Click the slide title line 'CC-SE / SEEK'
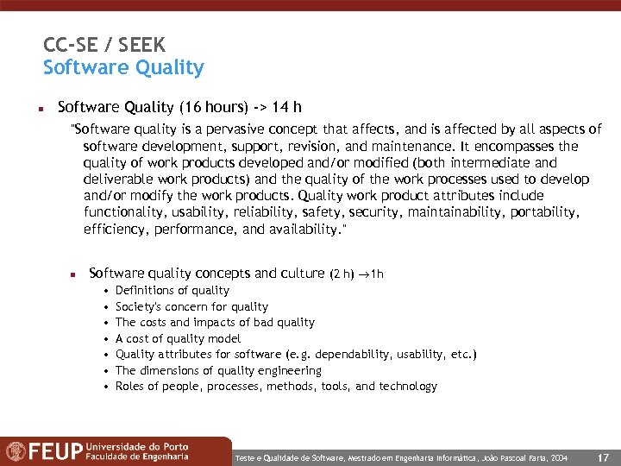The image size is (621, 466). (x=104, y=45)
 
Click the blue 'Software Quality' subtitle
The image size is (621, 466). (x=123, y=67)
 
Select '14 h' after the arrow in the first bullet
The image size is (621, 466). (x=285, y=108)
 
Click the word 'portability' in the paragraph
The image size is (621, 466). (x=543, y=212)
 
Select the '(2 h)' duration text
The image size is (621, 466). (x=342, y=274)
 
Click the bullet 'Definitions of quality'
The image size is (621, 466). (x=172, y=291)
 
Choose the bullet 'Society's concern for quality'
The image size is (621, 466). (x=191, y=306)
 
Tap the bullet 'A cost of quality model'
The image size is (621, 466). (x=178, y=338)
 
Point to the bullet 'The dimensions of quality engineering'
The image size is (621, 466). (x=218, y=370)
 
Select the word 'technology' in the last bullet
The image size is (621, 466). (x=409, y=387)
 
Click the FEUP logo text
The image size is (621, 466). (x=57, y=451)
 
